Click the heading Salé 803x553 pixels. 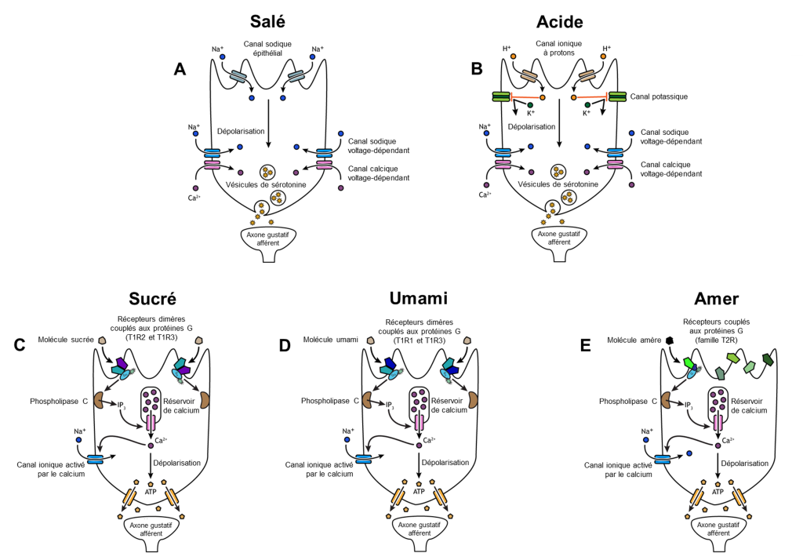click(x=269, y=21)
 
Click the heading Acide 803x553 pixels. click(x=558, y=21)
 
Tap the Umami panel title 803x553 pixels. click(x=419, y=298)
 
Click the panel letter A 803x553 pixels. click(x=180, y=69)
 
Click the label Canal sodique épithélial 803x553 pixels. click(x=269, y=49)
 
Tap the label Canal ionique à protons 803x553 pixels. click(x=558, y=49)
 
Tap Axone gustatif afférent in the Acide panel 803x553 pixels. click(x=558, y=238)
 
